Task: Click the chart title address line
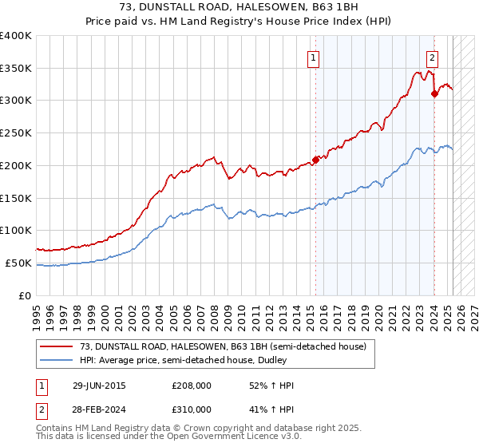pyautogui.click(x=239, y=8)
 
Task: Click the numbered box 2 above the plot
pyautogui.click(x=432, y=57)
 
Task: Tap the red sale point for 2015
pyautogui.click(x=315, y=159)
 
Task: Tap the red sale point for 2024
pyautogui.click(x=434, y=93)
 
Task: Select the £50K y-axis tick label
pyautogui.click(x=19, y=263)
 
